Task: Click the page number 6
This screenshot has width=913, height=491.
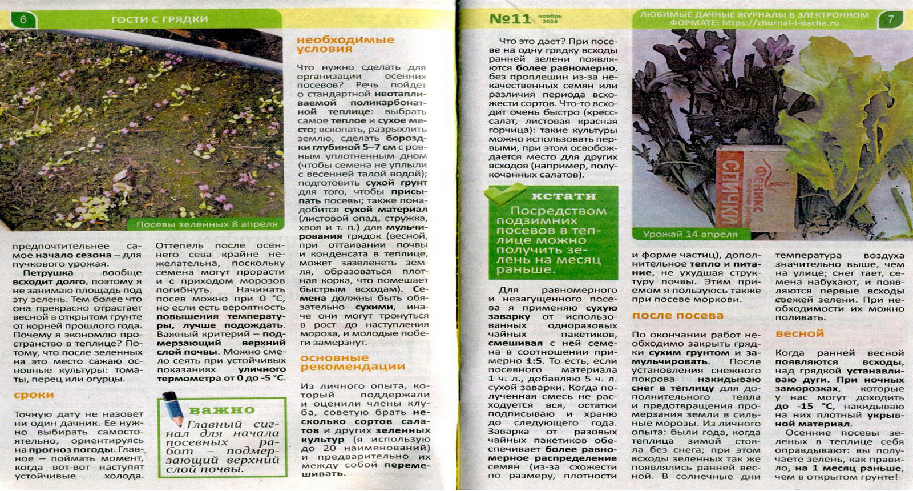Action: (x=23, y=19)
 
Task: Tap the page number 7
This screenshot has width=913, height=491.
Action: (x=891, y=19)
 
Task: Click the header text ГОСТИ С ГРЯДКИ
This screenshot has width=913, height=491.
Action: (x=159, y=19)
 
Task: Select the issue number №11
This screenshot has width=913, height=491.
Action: (x=510, y=19)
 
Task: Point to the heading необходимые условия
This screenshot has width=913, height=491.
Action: (x=345, y=44)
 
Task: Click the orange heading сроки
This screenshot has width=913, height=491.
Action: (x=34, y=395)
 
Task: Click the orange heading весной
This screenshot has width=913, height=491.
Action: (x=799, y=333)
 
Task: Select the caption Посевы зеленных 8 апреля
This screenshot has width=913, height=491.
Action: (x=207, y=224)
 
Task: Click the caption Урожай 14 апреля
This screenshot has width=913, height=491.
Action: (x=690, y=234)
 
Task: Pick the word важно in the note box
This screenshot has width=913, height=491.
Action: (x=221, y=410)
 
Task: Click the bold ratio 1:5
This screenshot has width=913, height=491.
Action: (x=534, y=361)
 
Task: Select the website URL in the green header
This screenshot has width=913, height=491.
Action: (x=780, y=23)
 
